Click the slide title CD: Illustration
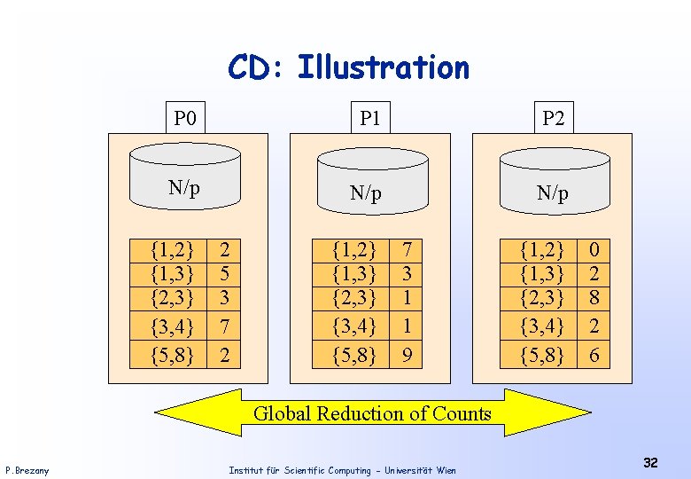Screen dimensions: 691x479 point(348,67)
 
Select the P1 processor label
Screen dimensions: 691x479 point(369,117)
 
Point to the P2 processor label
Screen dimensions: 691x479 point(553,117)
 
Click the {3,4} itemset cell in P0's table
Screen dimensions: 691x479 point(172,327)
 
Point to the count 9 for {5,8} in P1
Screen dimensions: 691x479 point(406,355)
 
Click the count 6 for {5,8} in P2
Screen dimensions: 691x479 point(594,355)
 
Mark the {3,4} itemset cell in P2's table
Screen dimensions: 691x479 point(542,327)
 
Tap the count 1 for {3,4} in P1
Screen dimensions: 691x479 point(406,327)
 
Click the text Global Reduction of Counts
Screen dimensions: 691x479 point(372,413)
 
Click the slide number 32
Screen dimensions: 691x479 point(650,463)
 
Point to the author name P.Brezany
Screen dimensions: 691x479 point(27,470)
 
